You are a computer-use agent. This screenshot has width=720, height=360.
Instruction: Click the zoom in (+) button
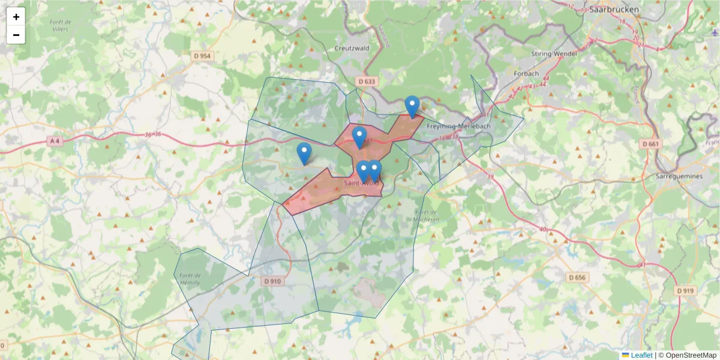(x=16, y=17)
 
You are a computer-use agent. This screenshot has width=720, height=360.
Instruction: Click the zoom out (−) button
(x=16, y=35)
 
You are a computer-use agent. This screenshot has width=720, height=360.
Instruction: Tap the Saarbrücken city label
(x=614, y=10)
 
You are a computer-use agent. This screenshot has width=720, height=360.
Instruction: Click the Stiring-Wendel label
(x=554, y=53)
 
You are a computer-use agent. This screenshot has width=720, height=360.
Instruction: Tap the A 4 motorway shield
(x=55, y=141)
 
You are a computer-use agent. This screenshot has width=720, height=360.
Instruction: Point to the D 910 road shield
(x=272, y=281)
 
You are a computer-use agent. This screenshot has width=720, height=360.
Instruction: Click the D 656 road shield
(x=576, y=277)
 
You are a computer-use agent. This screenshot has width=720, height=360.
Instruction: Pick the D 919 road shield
(x=686, y=290)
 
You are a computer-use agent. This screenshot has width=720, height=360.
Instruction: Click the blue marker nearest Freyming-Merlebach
(x=412, y=107)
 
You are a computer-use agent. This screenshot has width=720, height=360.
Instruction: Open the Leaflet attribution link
(x=641, y=355)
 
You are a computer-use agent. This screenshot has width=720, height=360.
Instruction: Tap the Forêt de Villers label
(x=61, y=25)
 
